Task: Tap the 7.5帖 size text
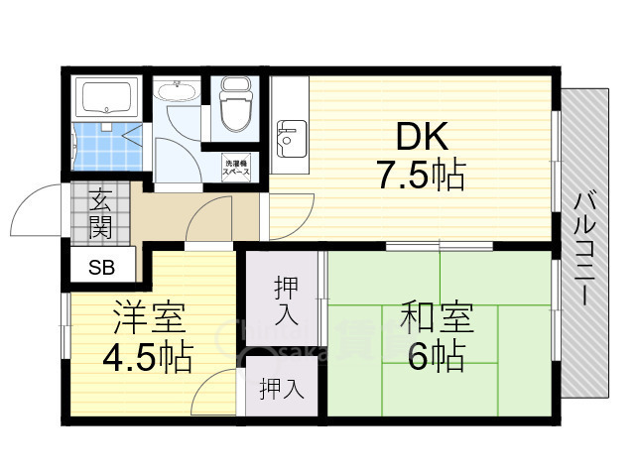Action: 420,176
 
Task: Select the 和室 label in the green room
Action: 438,319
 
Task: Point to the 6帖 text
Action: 436,355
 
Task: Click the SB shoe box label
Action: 101,266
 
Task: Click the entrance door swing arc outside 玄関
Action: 35,208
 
